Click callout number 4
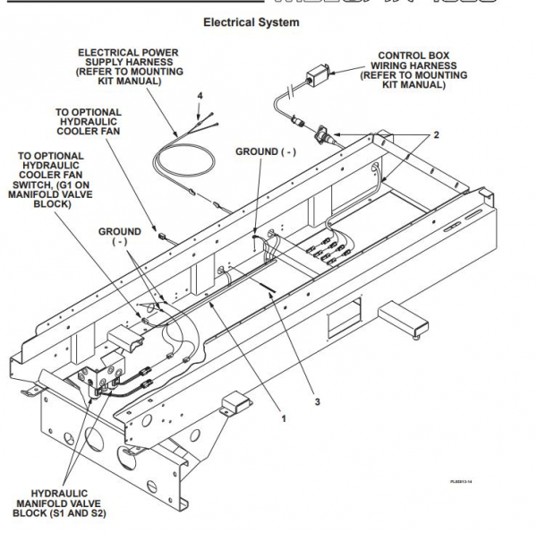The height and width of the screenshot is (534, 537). (x=200, y=95)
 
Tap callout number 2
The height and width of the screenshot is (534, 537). (x=436, y=135)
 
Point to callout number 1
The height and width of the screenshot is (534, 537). (x=285, y=418)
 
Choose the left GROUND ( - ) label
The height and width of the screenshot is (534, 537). (x=119, y=237)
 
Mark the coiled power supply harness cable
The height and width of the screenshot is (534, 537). (x=183, y=165)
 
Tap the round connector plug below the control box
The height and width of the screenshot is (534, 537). (x=320, y=137)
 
